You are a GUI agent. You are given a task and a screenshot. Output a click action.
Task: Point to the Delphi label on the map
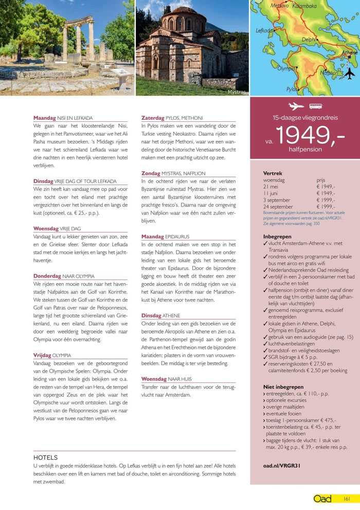pyautogui.click(x=309, y=40)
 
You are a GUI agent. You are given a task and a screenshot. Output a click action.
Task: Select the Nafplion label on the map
pyautogui.click(x=329, y=72)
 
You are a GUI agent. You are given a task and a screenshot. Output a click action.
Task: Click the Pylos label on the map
pyautogui.click(x=292, y=89)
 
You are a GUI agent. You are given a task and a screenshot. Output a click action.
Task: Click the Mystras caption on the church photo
pyautogui.click(x=237, y=92)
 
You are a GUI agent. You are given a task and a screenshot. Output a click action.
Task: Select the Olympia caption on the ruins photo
pyautogui.click(x=121, y=90)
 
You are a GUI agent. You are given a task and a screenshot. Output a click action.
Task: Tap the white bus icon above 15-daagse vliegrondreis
pyautogui.click(x=315, y=106)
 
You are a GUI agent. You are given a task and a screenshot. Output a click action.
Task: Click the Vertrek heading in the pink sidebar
pyautogui.click(x=273, y=173)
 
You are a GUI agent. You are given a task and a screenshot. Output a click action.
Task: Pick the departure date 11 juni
pyautogui.click(x=273, y=193)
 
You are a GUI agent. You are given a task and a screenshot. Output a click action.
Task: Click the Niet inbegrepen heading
pyautogui.click(x=283, y=387)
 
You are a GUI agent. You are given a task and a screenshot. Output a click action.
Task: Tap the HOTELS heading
pyautogui.click(x=45, y=457)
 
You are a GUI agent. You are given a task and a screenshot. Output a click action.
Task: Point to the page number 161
pyautogui.click(x=347, y=498)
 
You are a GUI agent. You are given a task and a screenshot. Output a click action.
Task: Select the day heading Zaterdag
pyautogui.click(x=153, y=118)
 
